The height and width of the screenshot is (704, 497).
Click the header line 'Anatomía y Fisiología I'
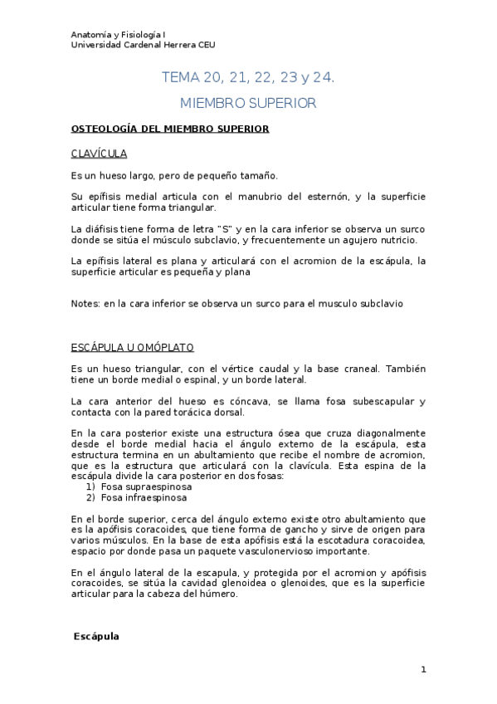[118, 34]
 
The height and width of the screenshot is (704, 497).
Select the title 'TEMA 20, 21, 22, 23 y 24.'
[248, 78]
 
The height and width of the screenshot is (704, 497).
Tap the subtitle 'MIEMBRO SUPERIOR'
[248, 104]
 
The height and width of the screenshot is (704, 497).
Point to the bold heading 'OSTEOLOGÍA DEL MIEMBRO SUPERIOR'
[169, 130]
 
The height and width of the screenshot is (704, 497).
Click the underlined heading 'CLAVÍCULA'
[99, 154]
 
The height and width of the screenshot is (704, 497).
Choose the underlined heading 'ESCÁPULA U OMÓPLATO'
[133, 345]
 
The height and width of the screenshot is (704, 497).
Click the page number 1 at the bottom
[423, 669]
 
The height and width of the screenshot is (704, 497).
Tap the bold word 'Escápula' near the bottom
[96, 636]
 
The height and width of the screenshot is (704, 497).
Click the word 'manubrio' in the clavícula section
[259, 196]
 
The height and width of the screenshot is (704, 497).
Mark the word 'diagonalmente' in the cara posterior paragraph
[389, 433]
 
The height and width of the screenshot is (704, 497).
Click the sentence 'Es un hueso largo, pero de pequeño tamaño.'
[175, 175]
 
